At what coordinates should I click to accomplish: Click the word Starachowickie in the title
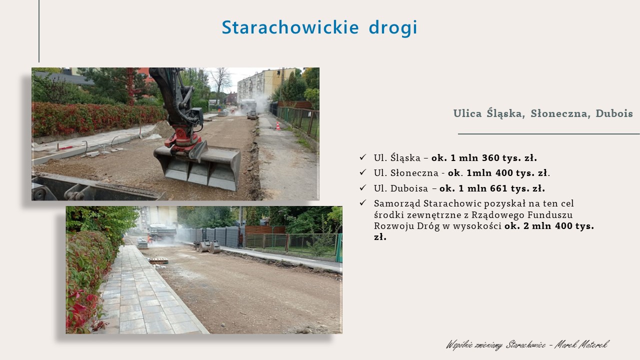290,27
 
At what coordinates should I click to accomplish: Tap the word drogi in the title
393,28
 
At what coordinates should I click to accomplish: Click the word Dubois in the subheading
614,113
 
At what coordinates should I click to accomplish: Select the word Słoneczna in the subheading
560,113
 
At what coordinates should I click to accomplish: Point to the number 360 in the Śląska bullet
490,157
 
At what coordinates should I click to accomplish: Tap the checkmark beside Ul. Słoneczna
363,172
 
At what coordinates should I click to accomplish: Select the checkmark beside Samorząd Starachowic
363,203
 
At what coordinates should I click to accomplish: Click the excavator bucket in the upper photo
197,166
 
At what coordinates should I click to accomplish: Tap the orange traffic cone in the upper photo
277,126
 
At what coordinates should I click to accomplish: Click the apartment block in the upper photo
265,84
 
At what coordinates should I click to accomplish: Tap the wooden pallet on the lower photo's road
158,260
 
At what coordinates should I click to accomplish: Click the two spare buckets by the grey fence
209,246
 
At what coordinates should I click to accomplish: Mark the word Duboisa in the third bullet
409,188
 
